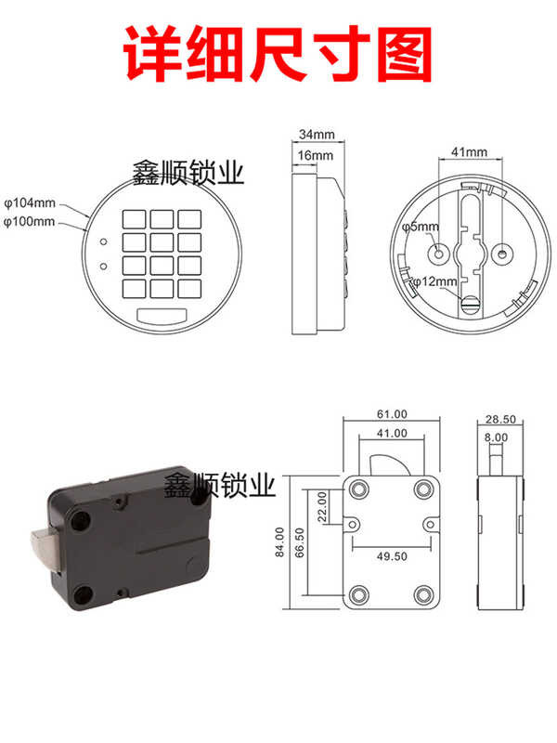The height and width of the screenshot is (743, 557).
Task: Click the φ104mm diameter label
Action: (x=30, y=203)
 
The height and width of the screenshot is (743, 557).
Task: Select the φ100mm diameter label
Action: (x=29, y=222)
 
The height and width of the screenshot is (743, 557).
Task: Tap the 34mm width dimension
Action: (x=317, y=134)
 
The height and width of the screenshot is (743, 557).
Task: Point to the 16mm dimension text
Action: (x=315, y=155)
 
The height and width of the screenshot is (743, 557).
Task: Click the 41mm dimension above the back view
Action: (x=469, y=152)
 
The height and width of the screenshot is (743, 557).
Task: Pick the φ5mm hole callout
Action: (x=421, y=227)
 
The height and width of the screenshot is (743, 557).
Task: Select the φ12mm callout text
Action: (x=434, y=281)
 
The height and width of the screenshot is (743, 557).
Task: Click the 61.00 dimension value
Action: (x=392, y=413)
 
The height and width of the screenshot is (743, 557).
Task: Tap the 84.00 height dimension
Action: (x=279, y=541)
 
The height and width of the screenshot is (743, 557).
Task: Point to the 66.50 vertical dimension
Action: (x=300, y=543)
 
